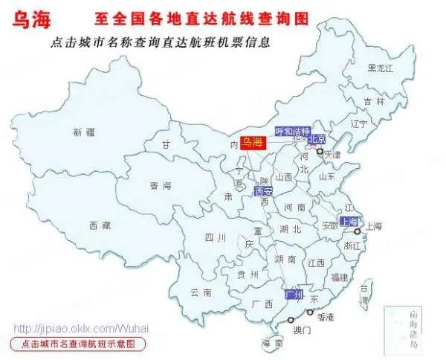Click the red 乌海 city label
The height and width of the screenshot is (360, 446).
pyautogui.click(x=253, y=142)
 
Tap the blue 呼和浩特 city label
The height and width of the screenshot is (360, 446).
pyautogui.click(x=289, y=131)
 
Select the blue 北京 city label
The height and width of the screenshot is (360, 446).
pyautogui.click(x=317, y=138)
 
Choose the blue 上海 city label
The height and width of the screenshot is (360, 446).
pyautogui.click(x=349, y=222)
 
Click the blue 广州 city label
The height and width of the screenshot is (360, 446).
pyautogui.click(x=295, y=295)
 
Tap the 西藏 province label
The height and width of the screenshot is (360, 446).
pyautogui.click(x=100, y=225)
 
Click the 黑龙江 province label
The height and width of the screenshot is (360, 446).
pyautogui.click(x=381, y=68)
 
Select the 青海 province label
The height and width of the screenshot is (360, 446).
pyautogui.click(x=160, y=186)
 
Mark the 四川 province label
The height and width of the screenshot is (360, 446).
pyautogui.click(x=194, y=238)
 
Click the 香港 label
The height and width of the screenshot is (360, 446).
pyautogui.click(x=326, y=317)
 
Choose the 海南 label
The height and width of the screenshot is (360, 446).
pyautogui.click(x=272, y=344)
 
